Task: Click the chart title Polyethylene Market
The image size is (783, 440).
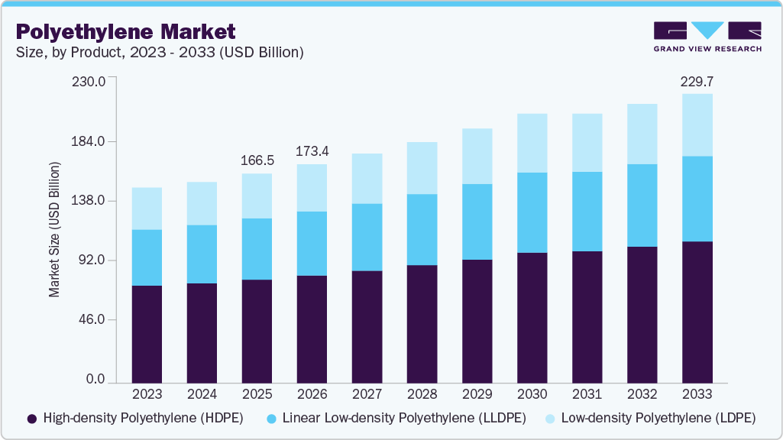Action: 126,31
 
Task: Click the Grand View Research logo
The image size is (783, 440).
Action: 707,37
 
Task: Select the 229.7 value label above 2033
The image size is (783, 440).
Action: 697,81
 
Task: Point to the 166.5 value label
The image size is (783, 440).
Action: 257,160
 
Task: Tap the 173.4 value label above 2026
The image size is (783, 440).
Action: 312,151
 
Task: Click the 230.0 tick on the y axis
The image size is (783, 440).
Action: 89,81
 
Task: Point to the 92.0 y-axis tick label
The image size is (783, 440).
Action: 92,260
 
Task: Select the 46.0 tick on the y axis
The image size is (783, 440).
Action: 92,319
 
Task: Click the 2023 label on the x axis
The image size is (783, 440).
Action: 147,394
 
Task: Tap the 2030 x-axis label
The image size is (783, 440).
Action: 532,394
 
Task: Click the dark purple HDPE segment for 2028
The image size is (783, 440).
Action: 422,324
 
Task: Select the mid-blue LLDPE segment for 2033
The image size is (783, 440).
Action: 697,199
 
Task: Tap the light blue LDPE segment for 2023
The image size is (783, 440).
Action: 147,209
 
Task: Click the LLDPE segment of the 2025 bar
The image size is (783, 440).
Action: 257,249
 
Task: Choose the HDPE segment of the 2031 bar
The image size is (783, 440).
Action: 587,317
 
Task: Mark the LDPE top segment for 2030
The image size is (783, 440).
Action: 532,143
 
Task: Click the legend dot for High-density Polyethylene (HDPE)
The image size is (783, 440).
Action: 32,419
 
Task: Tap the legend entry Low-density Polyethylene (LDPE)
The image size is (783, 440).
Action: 658,419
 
